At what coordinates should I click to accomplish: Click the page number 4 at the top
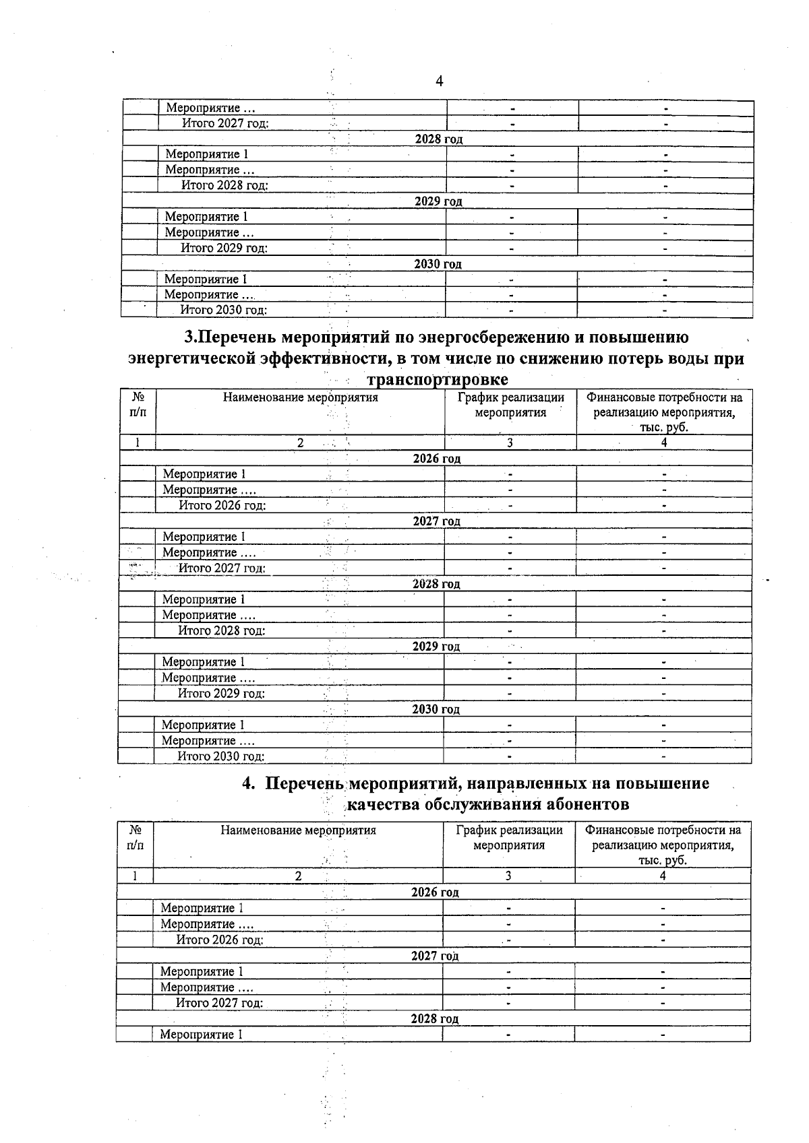pyautogui.click(x=440, y=81)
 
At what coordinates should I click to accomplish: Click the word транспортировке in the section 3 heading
pyautogui.click(x=437, y=379)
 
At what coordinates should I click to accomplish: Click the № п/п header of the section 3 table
pyautogui.click(x=138, y=404)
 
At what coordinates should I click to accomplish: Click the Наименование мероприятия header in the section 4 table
pyautogui.click(x=298, y=830)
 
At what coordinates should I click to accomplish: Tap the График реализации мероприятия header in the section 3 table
pyautogui.click(x=510, y=405)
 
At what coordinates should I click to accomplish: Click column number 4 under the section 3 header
pyautogui.click(x=664, y=443)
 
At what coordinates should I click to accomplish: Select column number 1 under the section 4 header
pyautogui.click(x=135, y=876)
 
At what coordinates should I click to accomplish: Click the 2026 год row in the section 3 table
pyautogui.click(x=436, y=459)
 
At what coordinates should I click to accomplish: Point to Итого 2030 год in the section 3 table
pyautogui.click(x=221, y=756)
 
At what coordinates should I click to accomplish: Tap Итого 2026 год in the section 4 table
pyautogui.click(x=220, y=940)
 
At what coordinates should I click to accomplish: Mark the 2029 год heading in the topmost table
pyautogui.click(x=438, y=201)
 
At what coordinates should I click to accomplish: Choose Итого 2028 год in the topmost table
pyautogui.click(x=225, y=185)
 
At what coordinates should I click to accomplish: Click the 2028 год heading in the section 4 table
pyautogui.click(x=434, y=1019)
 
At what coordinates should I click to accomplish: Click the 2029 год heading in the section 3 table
pyautogui.click(x=436, y=647)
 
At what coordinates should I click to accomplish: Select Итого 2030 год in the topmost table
pyautogui.click(x=224, y=311)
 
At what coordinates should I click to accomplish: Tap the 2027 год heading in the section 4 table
pyautogui.click(x=435, y=956)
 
